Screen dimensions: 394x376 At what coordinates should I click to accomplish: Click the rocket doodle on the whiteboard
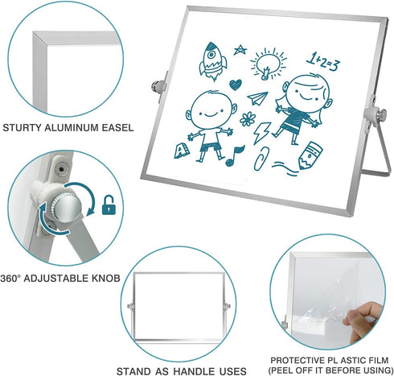click(212, 61)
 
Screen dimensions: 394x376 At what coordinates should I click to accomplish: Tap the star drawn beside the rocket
click(240, 50)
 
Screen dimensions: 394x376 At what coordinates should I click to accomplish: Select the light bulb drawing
click(269, 64)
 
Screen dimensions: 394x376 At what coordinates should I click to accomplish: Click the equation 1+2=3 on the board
click(323, 62)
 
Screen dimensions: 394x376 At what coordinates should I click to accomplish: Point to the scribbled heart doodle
click(236, 85)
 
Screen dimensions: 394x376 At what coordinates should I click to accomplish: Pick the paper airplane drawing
click(257, 98)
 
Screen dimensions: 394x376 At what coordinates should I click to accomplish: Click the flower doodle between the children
click(248, 119)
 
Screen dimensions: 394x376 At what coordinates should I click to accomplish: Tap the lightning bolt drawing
click(262, 133)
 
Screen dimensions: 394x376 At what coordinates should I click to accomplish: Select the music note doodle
click(235, 155)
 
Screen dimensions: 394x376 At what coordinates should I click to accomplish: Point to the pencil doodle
click(310, 155)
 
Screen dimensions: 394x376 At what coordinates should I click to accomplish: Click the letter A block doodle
click(182, 151)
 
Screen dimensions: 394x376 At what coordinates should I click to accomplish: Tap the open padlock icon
click(109, 205)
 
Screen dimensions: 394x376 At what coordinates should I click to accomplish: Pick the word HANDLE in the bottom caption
click(194, 371)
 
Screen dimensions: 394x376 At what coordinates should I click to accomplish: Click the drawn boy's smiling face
click(211, 109)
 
